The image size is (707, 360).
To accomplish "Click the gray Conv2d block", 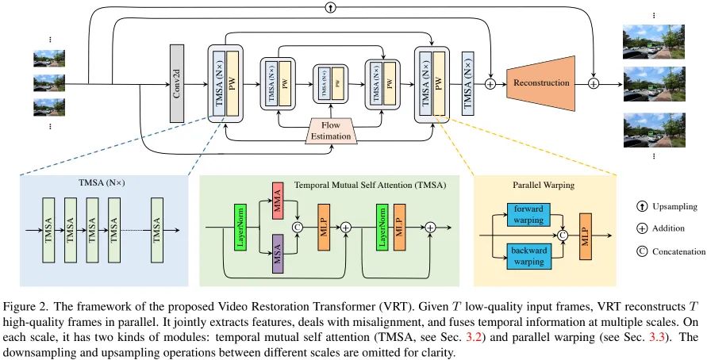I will pyautogui.click(x=178, y=83).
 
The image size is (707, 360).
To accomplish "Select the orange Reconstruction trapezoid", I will pyautogui.click(x=542, y=82).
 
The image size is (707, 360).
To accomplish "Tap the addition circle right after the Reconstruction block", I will pyautogui.click(x=594, y=82).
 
